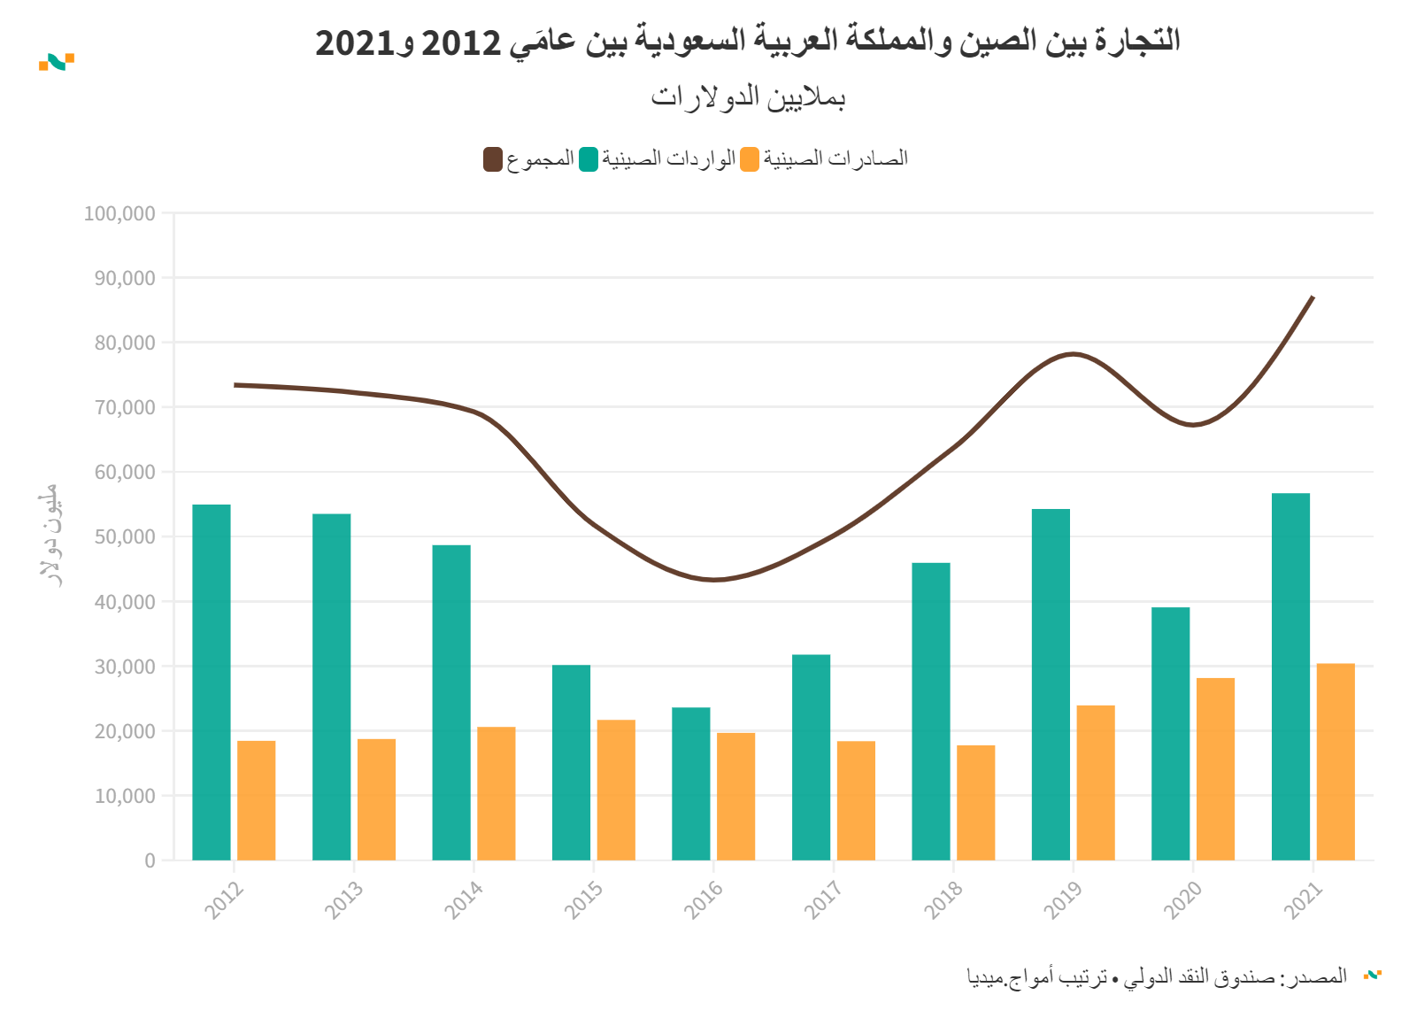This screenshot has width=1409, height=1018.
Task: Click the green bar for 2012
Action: point(212,682)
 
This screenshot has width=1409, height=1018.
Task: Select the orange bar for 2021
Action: point(1336,761)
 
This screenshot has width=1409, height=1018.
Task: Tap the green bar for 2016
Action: point(691,783)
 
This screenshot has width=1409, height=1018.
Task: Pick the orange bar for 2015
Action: point(616,790)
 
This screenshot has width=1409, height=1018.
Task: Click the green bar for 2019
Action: point(1051,684)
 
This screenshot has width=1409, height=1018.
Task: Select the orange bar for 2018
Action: point(975,802)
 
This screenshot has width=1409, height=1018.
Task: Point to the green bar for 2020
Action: point(1170,733)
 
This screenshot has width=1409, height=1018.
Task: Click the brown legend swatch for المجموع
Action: point(493,159)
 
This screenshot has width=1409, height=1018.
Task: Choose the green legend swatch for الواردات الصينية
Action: point(589,159)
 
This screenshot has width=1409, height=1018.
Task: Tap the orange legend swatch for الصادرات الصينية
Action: point(750,159)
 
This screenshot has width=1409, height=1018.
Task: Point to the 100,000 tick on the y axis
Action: point(119,213)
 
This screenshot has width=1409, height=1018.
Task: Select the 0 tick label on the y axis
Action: point(150,860)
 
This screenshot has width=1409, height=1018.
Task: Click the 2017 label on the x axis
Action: point(822,901)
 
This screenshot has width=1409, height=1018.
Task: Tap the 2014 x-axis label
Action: point(463,901)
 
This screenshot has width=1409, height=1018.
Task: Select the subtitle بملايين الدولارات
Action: point(748,96)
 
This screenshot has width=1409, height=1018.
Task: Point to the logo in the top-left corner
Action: point(57,62)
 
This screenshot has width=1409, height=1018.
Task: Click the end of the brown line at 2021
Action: point(1313,297)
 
